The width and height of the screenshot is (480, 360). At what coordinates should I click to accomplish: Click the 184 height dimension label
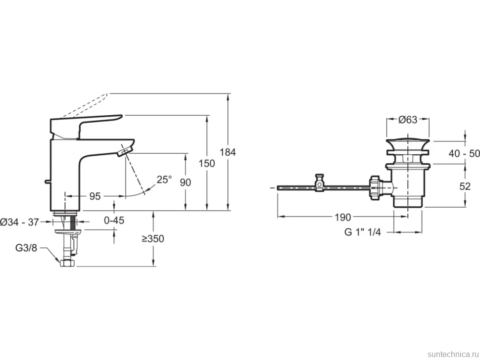tap(228, 152)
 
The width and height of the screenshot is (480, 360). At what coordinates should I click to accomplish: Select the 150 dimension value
tap(207, 163)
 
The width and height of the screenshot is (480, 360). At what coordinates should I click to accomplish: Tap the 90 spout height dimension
tap(185, 182)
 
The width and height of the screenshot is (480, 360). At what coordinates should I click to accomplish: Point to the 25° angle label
tap(164, 179)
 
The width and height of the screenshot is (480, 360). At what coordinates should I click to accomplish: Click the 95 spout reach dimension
tap(95, 196)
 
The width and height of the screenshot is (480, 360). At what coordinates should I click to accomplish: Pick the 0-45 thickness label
tap(114, 220)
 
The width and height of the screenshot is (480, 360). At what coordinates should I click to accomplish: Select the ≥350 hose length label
tap(153, 238)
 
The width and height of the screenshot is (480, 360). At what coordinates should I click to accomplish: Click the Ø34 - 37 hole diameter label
tap(20, 222)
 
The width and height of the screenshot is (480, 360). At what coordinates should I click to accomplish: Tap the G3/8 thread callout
tap(26, 248)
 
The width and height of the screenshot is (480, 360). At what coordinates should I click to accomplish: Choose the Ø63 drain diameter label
tap(408, 120)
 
